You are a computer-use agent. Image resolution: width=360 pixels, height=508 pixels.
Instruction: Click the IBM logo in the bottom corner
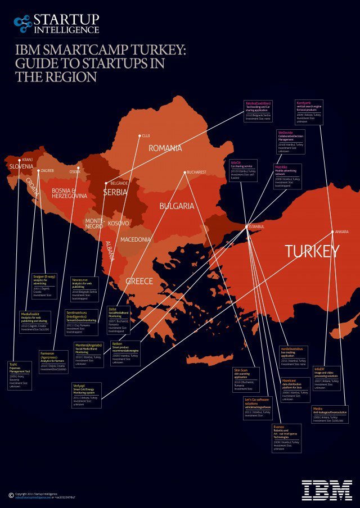tap(327, 490)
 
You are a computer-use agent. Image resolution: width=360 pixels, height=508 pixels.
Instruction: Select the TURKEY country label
tap(312, 252)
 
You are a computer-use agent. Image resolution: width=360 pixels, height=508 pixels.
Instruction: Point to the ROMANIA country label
tap(165, 148)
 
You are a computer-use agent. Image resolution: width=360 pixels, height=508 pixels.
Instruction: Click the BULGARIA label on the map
tap(177, 206)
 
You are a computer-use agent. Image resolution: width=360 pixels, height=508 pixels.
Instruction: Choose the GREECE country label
tap(139, 280)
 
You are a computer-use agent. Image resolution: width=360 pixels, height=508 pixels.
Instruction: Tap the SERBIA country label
tap(115, 192)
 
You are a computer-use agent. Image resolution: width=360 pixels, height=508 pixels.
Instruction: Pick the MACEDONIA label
tap(136, 239)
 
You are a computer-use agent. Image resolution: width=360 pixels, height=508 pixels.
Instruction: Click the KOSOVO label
tap(118, 224)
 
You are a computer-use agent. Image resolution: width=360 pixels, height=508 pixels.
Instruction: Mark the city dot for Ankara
tap(332, 232)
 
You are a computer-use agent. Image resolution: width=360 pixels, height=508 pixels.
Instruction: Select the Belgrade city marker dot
tap(106, 183)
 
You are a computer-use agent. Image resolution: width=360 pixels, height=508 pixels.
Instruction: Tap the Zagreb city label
tap(47, 170)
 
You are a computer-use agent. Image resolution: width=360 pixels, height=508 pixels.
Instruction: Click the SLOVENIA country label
tap(22, 167)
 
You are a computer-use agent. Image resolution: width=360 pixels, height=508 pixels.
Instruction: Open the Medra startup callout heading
tap(318, 408)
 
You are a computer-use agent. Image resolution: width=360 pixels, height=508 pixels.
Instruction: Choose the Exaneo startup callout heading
tap(279, 427)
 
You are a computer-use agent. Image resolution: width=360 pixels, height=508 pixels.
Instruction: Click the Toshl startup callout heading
tap(13, 364)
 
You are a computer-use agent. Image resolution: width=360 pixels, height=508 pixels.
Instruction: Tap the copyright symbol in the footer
tap(11, 495)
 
